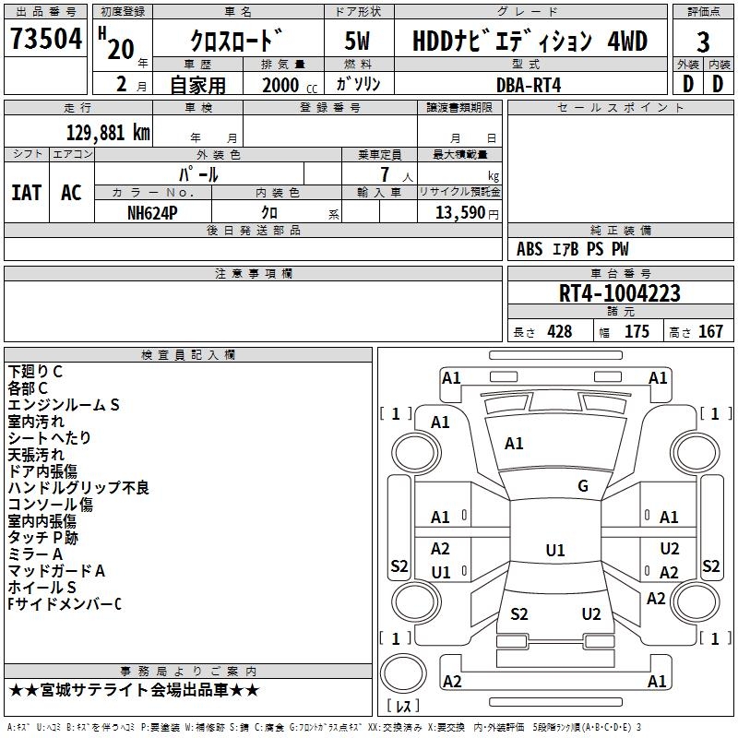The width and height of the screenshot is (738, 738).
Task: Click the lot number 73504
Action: (46, 39)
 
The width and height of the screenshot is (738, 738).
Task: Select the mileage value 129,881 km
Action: (108, 133)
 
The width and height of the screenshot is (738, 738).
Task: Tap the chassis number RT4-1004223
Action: (619, 293)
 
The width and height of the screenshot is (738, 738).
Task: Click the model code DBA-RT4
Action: (529, 85)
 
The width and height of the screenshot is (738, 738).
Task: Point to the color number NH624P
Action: (152, 213)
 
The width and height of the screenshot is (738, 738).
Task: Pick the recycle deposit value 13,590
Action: (460, 213)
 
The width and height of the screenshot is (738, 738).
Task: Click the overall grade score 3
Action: (703, 42)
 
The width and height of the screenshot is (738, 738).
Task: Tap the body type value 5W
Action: (357, 41)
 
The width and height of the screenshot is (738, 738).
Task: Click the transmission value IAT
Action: (27, 193)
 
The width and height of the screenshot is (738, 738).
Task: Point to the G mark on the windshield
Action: (583, 486)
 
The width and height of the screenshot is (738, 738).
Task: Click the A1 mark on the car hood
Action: (514, 444)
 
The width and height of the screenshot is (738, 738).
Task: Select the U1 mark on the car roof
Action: (555, 550)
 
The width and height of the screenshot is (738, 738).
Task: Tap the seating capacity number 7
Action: (385, 174)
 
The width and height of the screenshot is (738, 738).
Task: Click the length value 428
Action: (560, 331)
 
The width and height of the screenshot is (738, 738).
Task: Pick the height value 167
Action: (710, 331)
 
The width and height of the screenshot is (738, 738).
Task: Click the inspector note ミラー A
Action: (35, 554)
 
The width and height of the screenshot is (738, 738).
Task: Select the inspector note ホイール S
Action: (42, 587)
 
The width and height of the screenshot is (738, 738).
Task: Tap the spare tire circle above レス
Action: (403, 673)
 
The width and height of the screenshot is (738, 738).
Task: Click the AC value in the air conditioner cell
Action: (71, 193)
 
